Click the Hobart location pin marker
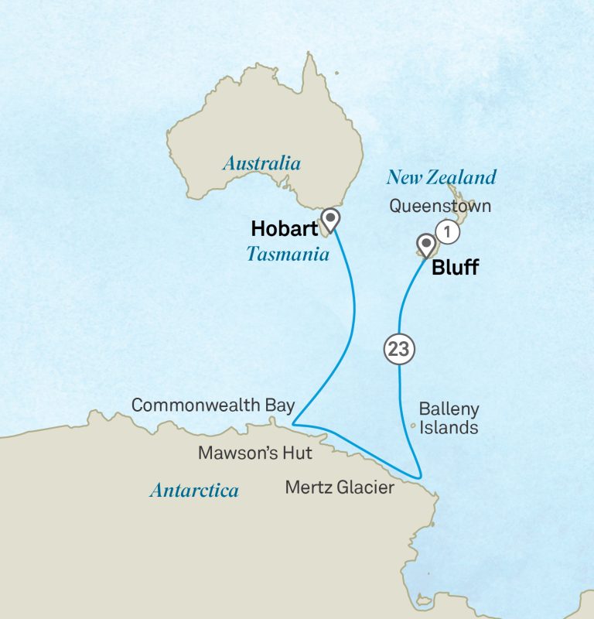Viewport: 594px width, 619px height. click(331, 220)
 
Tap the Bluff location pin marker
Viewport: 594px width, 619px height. click(425, 245)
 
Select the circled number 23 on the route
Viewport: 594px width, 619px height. click(399, 350)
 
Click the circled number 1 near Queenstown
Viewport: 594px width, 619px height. click(447, 231)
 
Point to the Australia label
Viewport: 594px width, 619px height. click(261, 163)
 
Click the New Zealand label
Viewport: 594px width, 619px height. click(441, 178)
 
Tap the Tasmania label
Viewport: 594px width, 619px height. click(288, 254)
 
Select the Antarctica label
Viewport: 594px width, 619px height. click(194, 491)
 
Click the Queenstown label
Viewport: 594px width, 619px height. click(440, 207)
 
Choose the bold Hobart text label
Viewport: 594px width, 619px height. click(284, 229)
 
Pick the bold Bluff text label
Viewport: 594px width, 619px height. click(455, 268)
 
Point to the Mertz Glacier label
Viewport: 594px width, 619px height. click(340, 487)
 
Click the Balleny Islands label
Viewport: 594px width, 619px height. click(449, 418)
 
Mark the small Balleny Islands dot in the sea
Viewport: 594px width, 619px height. click(413, 425)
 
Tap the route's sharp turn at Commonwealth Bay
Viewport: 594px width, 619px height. click(293, 423)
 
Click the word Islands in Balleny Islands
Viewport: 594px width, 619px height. click(449, 427)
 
